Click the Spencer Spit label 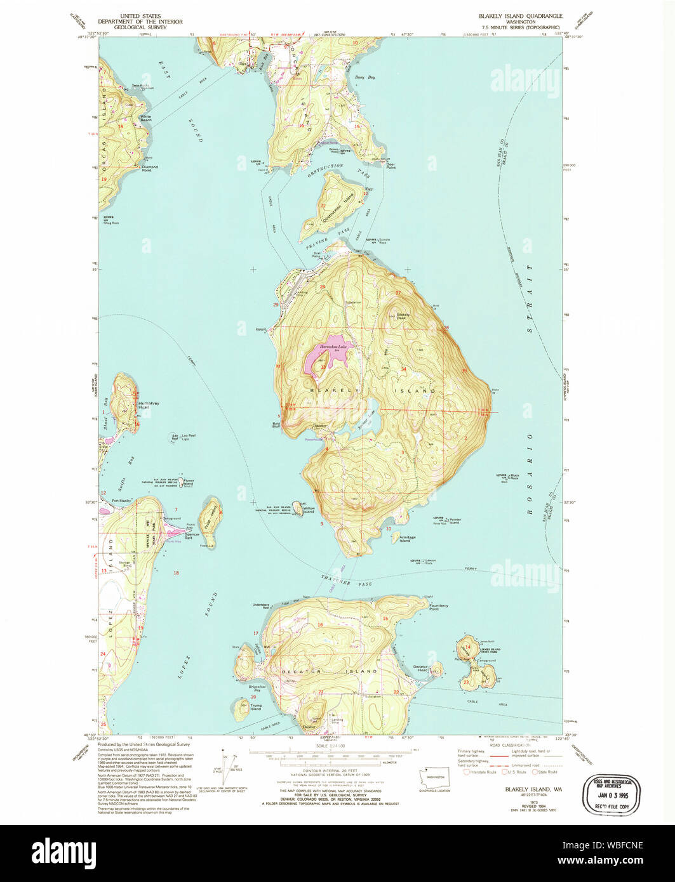tap(191, 536)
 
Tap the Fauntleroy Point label tap(439, 607)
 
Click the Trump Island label tap(255, 707)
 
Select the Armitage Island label tap(407, 539)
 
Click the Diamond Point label tap(150, 169)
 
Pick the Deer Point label tap(391, 166)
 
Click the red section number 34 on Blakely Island tap(404, 369)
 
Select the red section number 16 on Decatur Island tap(320, 625)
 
